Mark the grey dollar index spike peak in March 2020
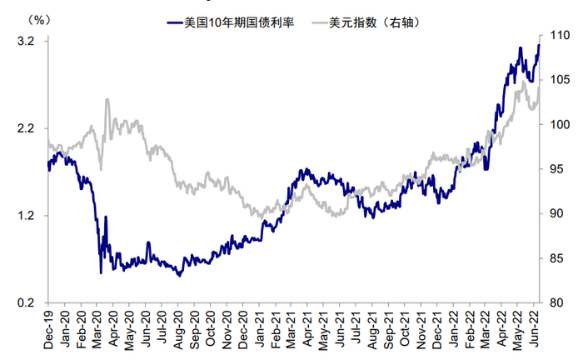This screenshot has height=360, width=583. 107,100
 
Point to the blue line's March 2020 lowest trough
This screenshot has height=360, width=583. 101,272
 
